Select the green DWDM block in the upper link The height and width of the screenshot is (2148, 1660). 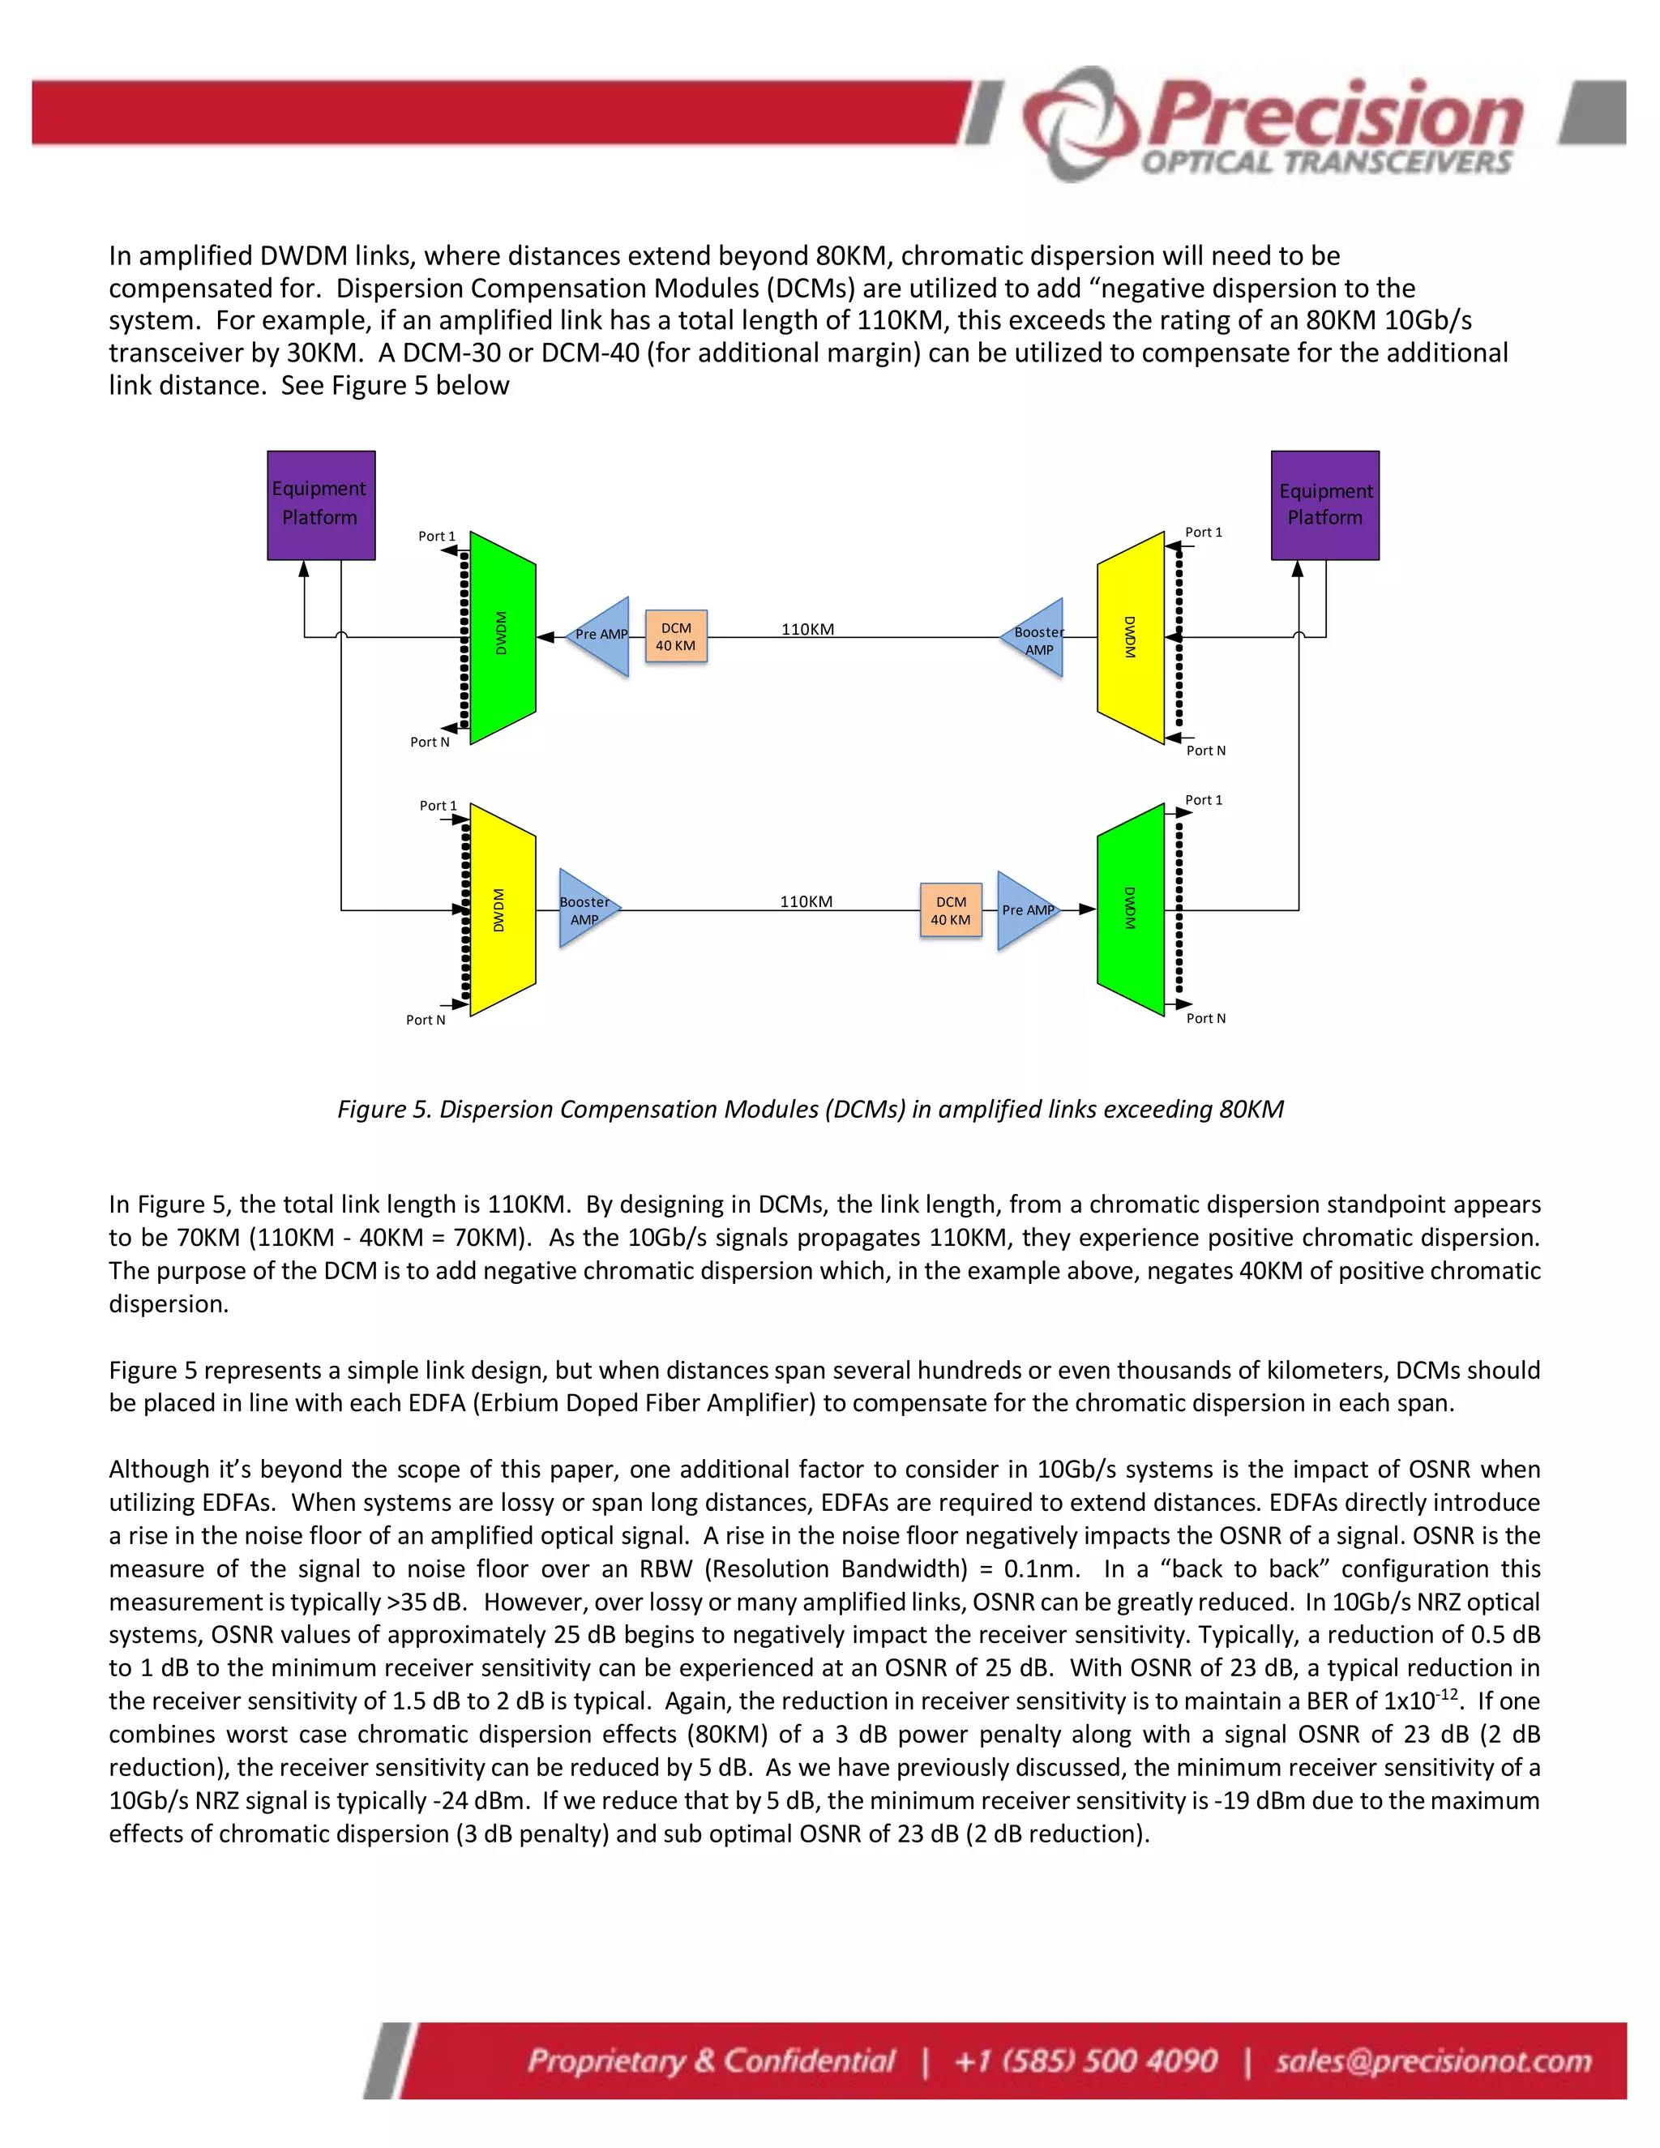pyautogui.click(x=503, y=637)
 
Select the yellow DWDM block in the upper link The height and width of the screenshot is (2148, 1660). pyautogui.click(x=1130, y=637)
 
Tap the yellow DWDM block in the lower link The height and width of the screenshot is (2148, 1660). pyautogui.click(x=503, y=909)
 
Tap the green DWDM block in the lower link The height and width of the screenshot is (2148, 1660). pyautogui.click(x=1130, y=909)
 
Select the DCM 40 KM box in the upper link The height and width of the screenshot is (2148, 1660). pyautogui.click(x=676, y=636)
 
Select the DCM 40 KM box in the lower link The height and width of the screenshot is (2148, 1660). pyautogui.click(x=951, y=909)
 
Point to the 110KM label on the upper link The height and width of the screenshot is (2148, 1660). pyautogui.click(x=807, y=630)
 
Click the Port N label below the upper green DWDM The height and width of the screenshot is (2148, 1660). pyautogui.click(x=430, y=742)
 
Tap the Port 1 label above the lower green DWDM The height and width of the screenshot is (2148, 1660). pyautogui.click(x=1203, y=799)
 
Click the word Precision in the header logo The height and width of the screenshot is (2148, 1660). pyautogui.click(x=1336, y=116)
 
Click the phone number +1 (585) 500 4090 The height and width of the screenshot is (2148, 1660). pyautogui.click(x=1085, y=2060)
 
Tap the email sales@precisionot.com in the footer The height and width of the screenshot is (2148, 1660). pyautogui.click(x=1433, y=2060)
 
